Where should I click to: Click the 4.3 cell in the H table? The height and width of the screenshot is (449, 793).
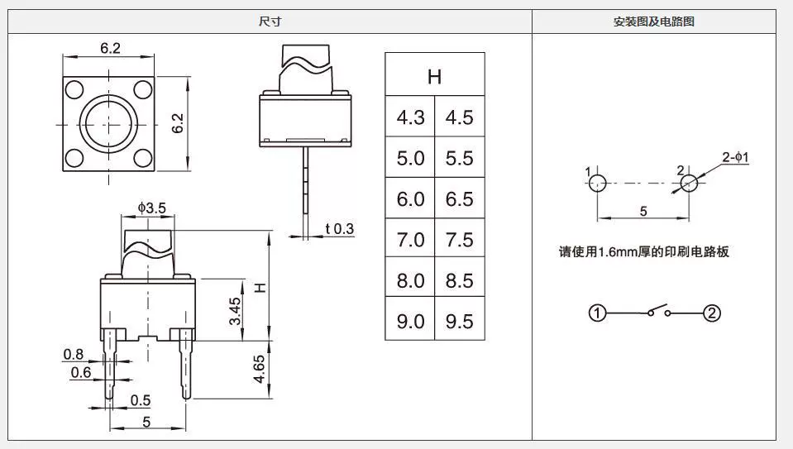click(410, 117)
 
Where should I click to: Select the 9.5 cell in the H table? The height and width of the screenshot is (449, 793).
click(460, 321)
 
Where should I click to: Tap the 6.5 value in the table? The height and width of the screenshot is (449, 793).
click(460, 198)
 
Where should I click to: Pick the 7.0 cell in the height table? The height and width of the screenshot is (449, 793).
click(410, 239)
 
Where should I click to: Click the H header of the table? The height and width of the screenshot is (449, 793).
click(434, 76)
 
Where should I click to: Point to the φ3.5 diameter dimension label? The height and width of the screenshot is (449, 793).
click(151, 208)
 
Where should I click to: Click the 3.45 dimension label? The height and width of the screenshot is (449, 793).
click(235, 311)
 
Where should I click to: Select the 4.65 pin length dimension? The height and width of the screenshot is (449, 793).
click(259, 369)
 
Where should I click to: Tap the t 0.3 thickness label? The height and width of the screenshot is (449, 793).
click(340, 229)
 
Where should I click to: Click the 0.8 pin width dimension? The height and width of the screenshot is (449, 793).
click(74, 355)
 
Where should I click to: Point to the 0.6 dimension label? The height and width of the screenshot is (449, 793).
click(81, 373)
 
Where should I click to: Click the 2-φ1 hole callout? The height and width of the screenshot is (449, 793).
click(735, 157)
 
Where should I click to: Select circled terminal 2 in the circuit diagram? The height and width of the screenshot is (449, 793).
click(712, 313)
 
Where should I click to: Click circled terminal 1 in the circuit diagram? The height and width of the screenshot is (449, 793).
click(597, 313)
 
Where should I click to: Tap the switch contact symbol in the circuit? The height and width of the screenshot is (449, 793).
click(657, 310)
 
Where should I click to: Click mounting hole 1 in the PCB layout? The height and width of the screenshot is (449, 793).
click(598, 183)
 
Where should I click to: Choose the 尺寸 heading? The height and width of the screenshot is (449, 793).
click(270, 21)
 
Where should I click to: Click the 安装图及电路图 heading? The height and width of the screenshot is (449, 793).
click(653, 21)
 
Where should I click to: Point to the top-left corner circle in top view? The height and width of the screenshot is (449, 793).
click(74, 90)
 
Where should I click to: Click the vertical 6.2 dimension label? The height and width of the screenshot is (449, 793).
click(178, 123)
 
